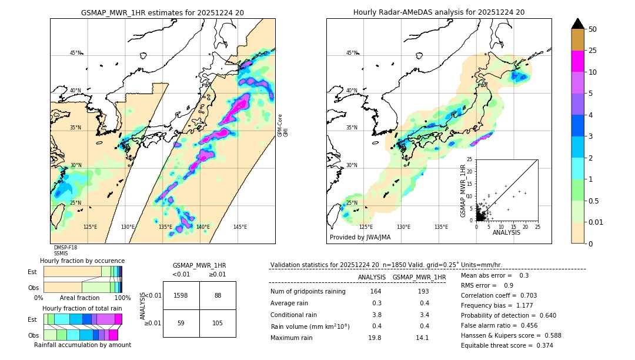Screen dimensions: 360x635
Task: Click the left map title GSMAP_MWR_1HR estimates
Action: coord(162,12)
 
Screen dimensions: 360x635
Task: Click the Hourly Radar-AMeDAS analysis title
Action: coord(439,12)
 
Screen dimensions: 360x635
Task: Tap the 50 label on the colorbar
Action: coord(593,29)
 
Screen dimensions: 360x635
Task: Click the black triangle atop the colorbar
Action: coord(578,24)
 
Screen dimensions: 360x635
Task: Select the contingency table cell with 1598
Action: coord(181,295)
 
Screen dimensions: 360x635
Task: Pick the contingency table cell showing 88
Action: coord(218,295)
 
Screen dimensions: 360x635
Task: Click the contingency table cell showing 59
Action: coord(181,323)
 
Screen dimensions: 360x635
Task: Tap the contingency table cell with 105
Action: coord(218,323)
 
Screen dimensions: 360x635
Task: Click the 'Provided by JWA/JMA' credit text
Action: coord(360,237)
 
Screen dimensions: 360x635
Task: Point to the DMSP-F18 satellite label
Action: coord(65,248)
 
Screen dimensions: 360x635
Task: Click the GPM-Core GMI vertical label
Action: coord(283,125)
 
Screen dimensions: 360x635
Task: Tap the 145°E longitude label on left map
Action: coord(240,227)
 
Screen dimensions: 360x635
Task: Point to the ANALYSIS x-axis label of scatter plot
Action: coord(506,232)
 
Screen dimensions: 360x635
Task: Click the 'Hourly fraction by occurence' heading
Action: coord(82,261)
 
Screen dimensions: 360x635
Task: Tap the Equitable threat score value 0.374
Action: coord(542,345)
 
